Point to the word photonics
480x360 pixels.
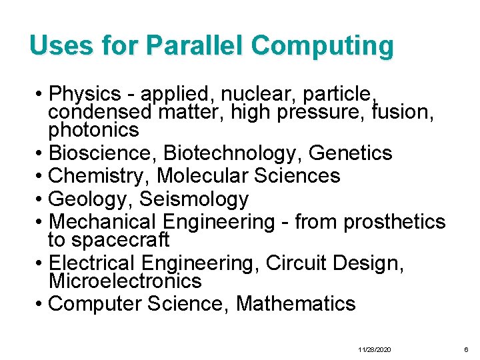(x=93, y=129)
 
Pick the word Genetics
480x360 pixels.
(x=351, y=153)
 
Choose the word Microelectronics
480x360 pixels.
(x=125, y=281)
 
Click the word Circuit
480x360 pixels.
(x=295, y=263)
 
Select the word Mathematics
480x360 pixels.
(x=295, y=304)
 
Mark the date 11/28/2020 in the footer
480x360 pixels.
(x=375, y=350)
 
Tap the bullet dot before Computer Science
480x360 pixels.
(x=41, y=305)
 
